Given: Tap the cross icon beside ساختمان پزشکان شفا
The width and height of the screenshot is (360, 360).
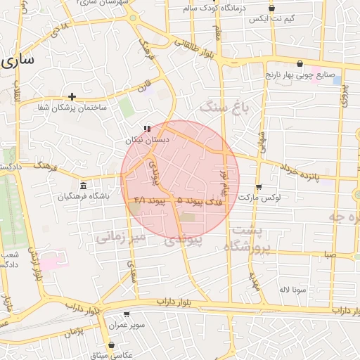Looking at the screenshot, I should (72, 96).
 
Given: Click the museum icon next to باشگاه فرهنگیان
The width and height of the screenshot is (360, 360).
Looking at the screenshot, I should (84, 186).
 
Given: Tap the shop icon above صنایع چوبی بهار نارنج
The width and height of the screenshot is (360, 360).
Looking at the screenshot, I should (300, 63).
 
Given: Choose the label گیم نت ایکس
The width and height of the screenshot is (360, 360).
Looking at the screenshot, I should (271, 18).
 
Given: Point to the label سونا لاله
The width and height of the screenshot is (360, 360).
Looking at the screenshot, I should (292, 289).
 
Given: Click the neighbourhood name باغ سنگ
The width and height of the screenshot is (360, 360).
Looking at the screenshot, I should (224, 107).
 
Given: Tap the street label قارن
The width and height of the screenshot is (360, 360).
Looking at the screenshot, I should (145, 89).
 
